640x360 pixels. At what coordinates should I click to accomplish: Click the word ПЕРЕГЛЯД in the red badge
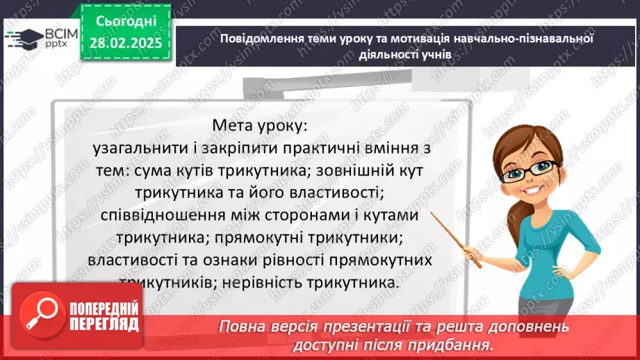(104, 324)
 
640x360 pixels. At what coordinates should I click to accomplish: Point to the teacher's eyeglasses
(539, 167)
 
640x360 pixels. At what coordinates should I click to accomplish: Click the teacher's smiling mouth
(536, 188)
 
